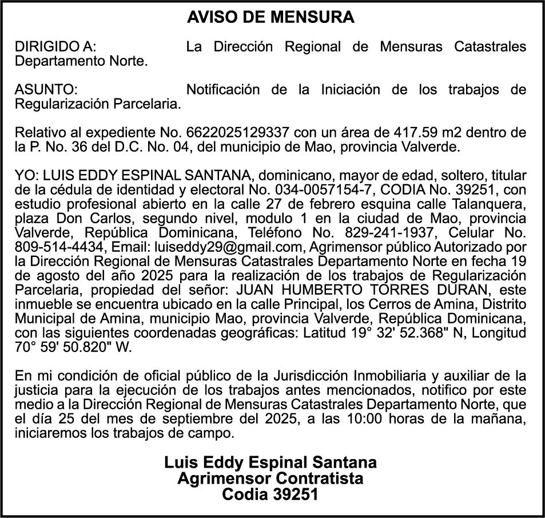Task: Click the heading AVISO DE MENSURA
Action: click(x=270, y=18)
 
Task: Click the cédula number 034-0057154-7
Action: click(x=323, y=188)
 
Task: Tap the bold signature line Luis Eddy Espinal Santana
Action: click(x=270, y=462)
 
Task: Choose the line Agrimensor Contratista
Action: click(x=270, y=478)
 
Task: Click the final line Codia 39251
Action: click(x=270, y=494)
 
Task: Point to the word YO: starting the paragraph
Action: click(x=26, y=175)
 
